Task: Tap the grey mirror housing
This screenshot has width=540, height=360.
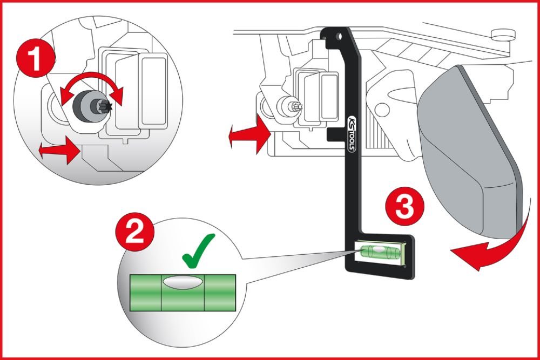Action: [475, 151]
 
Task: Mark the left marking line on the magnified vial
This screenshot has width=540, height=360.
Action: [160, 291]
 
